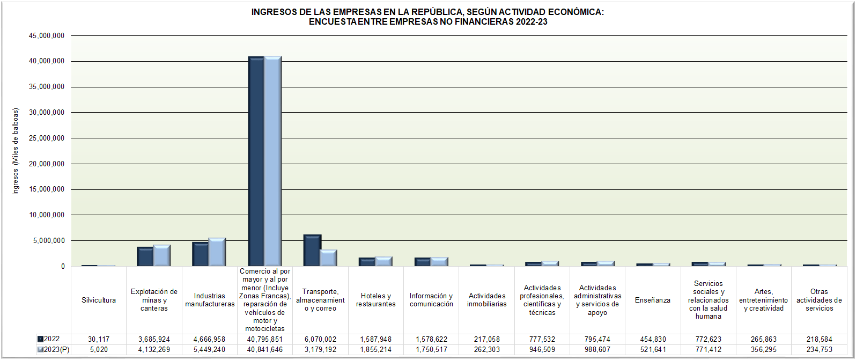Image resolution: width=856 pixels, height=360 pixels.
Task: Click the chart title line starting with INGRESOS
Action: pos(427,12)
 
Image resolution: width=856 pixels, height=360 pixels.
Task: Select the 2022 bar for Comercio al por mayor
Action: pos(256,161)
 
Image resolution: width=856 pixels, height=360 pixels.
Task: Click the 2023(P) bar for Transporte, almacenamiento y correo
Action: pos(328,258)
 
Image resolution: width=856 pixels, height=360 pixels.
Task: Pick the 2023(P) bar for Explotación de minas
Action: pos(161,256)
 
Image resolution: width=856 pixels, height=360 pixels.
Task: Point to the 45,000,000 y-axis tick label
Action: pos(47,36)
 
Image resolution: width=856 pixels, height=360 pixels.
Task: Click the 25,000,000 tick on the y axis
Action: pos(47,138)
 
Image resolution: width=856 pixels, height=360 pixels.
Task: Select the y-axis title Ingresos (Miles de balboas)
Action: pos(16,151)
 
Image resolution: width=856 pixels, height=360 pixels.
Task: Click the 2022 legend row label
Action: pos(51,339)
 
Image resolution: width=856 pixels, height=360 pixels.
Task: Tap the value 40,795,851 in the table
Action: pos(265,340)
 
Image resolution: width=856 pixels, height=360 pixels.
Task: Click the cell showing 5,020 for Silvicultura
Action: pos(99,350)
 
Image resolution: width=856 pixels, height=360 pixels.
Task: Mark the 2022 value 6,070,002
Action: pos(320,340)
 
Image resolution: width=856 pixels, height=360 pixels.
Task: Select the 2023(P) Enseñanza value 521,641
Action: pos(653,350)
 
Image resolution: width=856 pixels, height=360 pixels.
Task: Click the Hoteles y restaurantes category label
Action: pos(375,300)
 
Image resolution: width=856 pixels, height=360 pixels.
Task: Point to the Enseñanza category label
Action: pos(653,300)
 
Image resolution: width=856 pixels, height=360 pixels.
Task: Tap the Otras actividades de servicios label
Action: pos(819,300)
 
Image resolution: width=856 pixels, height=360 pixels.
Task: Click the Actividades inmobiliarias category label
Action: pos(486,300)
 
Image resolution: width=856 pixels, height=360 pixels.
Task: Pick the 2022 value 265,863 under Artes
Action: pos(764,340)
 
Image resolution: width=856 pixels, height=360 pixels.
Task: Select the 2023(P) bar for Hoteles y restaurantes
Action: pos(383,261)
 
